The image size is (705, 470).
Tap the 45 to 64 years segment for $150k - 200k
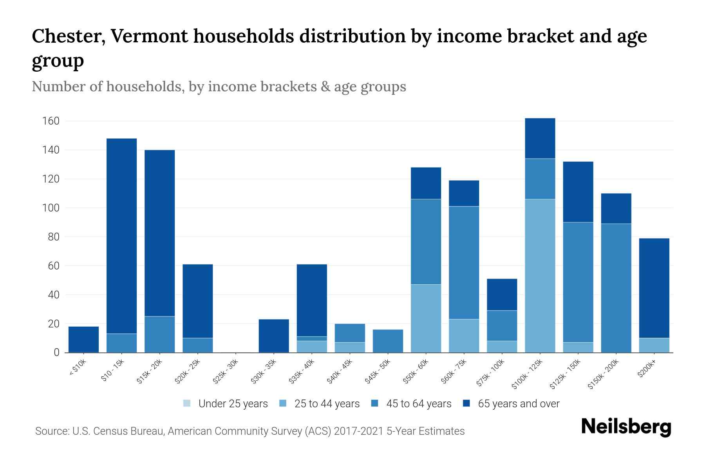click(616, 288)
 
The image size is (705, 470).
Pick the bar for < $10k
click(83, 339)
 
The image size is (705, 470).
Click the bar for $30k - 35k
click(274, 336)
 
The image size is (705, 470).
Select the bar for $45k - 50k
click(388, 341)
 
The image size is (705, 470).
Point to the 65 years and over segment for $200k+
click(654, 288)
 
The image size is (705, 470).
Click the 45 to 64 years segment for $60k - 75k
click(464, 262)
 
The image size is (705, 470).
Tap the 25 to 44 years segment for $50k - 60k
click(426, 318)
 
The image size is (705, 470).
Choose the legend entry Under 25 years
click(226, 403)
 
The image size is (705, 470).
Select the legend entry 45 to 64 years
click(411, 403)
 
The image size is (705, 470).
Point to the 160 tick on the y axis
click(51, 121)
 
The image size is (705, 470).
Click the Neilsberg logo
click(626, 427)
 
